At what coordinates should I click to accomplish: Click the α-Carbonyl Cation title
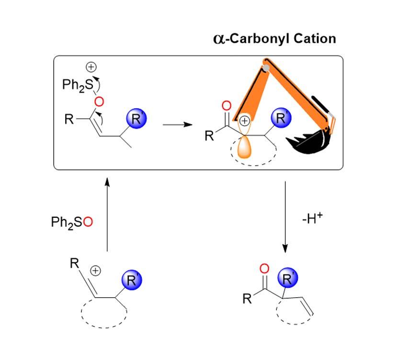coord(274,38)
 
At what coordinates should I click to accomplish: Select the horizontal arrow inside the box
coord(177,125)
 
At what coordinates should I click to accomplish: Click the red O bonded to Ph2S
coord(99,101)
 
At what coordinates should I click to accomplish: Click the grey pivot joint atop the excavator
coord(265,68)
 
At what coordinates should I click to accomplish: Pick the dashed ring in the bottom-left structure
coord(104,316)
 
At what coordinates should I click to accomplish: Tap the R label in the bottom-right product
coord(247,300)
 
